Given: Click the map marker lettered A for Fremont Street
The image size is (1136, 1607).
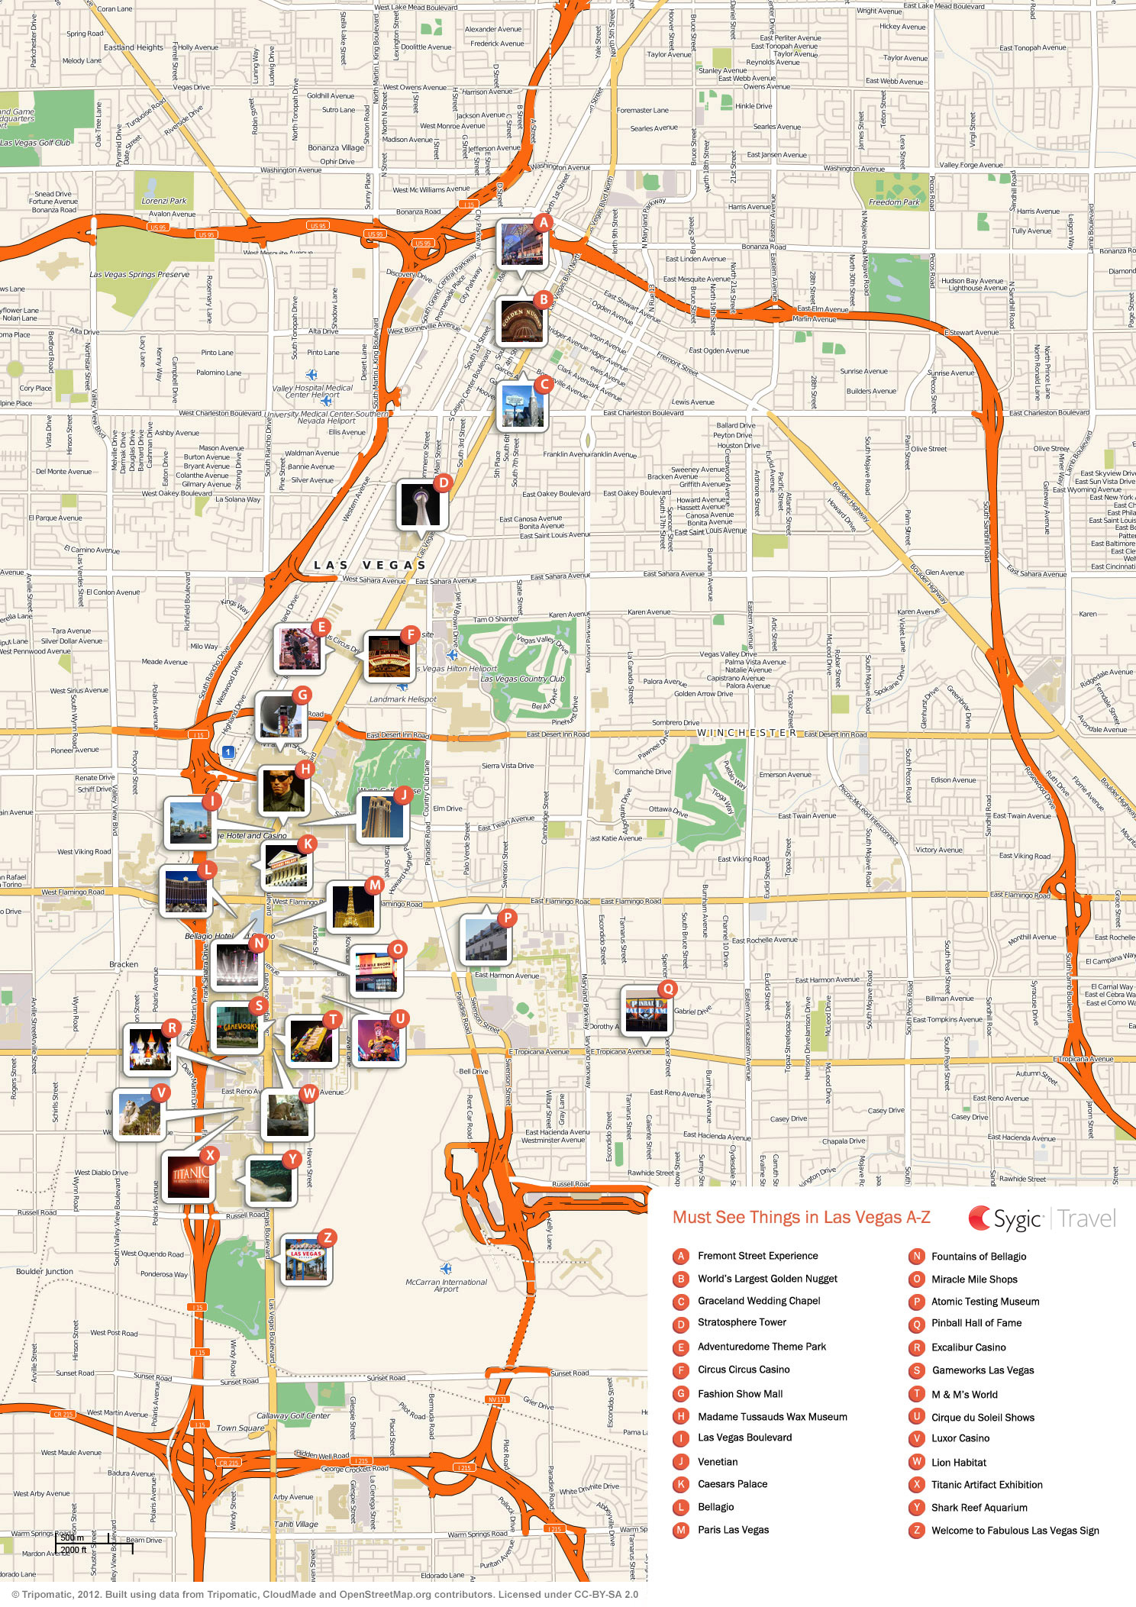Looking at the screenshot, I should (543, 223).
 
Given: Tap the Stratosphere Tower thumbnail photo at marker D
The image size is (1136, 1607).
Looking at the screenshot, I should (421, 505).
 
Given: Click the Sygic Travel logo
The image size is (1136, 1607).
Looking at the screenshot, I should (1042, 1218).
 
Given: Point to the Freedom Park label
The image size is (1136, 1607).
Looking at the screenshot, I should (894, 202).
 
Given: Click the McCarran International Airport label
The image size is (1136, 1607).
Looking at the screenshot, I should (446, 1286).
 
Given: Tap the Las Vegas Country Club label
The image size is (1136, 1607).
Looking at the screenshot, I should (522, 679).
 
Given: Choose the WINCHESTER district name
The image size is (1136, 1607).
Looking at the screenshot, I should (746, 733).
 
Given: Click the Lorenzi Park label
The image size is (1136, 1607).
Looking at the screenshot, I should (163, 201).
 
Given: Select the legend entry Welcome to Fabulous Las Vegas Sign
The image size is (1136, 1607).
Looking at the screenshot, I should (1015, 1530).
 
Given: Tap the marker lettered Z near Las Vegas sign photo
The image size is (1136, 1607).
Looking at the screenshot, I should (327, 1238).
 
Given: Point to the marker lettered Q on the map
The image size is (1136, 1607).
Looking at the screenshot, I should (667, 989).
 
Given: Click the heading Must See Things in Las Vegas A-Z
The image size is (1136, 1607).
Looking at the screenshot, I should (801, 1218).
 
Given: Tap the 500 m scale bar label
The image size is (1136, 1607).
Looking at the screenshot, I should (73, 1537).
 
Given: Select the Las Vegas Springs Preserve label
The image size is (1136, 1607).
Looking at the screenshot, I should (139, 274).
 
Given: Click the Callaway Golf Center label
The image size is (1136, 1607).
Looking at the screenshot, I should (293, 1415).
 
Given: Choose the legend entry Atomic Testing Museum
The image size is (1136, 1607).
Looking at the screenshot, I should (985, 1302).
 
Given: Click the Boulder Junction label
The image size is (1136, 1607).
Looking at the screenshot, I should (44, 1272).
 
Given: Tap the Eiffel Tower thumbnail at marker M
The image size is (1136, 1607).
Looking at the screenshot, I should (352, 907).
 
